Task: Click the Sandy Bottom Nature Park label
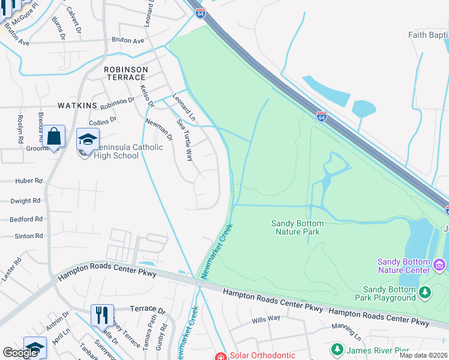pyautogui.click(x=298, y=227)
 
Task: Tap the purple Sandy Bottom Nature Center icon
pyautogui.click(x=439, y=265)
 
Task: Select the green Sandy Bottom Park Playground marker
pyautogui.click(x=426, y=293)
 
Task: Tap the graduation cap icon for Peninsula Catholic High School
pyautogui.click(x=88, y=140)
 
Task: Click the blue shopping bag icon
pyautogui.click(x=53, y=136)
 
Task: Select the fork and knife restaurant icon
pyautogui.click(x=102, y=314)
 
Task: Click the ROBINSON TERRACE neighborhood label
pyautogui.click(x=125, y=73)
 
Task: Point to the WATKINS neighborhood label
pyautogui.click(x=77, y=106)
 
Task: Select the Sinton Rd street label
pyautogui.click(x=29, y=236)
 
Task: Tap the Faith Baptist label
pyautogui.click(x=428, y=35)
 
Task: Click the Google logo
pyautogui.click(x=20, y=353)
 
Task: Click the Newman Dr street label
pyautogui.click(x=159, y=130)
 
